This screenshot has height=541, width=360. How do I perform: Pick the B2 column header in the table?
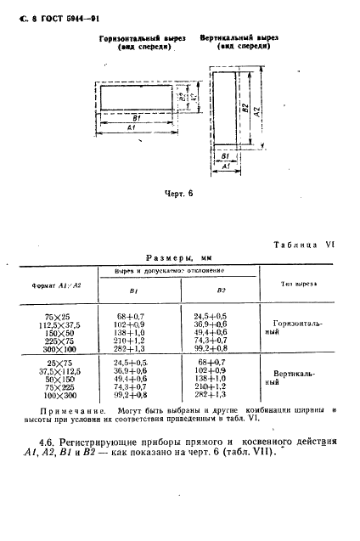[221, 290]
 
